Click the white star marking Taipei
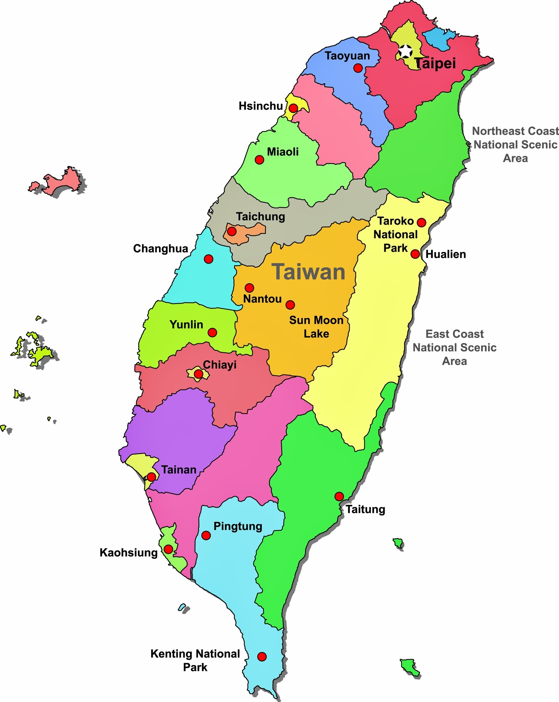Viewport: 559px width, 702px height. (406, 51)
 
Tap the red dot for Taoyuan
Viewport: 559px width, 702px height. (358, 68)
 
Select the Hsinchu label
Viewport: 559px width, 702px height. (260, 106)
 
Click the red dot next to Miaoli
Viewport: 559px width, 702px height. (259, 160)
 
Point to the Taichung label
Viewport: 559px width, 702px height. (260, 217)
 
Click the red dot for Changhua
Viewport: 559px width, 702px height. (208, 259)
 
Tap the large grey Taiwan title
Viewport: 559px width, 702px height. (308, 272)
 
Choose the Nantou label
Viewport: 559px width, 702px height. (262, 299)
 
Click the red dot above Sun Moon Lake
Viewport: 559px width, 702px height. (290, 305)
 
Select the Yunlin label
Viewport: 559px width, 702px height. (186, 324)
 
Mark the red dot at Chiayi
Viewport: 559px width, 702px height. (198, 374)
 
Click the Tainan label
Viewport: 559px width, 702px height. (179, 470)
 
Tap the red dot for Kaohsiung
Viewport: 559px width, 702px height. (168, 549)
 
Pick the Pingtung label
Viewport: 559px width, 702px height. (238, 526)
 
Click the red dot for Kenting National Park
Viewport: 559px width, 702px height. (262, 657)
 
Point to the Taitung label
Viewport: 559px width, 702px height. (365, 509)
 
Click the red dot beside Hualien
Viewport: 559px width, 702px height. (415, 254)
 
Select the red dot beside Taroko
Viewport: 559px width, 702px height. (421, 222)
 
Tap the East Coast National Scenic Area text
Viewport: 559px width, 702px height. (454, 347)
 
